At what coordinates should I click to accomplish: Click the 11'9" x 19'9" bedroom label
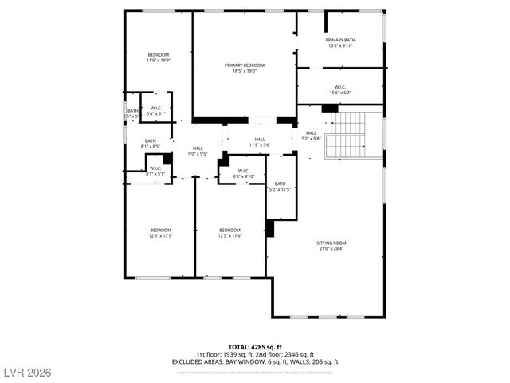[158, 57]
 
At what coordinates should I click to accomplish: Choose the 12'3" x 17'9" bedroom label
[160, 233]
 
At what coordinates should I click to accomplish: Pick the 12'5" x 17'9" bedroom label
[229, 233]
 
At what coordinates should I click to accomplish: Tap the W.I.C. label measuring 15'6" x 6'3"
[340, 90]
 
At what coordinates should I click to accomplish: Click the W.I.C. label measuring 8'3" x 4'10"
[243, 173]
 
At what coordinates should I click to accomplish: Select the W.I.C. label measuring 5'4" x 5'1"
[155, 111]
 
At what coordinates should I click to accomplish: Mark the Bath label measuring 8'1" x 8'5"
[151, 144]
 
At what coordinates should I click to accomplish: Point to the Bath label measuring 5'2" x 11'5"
[280, 186]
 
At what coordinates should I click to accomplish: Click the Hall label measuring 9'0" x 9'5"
[197, 151]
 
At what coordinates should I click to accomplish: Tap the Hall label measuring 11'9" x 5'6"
[260, 142]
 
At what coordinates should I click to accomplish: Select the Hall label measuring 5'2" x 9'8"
[311, 136]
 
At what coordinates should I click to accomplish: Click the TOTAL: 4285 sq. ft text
[255, 347]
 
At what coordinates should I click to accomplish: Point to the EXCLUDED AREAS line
[255, 361]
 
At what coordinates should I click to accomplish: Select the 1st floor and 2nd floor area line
[255, 354]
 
